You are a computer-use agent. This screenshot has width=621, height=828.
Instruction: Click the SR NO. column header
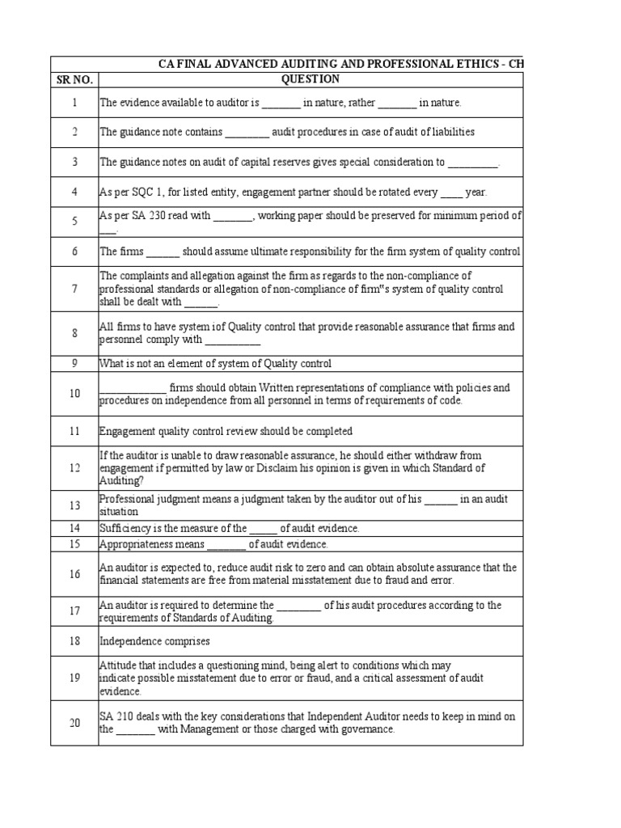[x=74, y=79]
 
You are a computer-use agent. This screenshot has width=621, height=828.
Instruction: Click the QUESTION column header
[x=310, y=79]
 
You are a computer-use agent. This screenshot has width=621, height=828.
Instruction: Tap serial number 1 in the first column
[x=74, y=103]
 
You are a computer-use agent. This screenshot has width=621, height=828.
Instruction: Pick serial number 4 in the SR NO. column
[x=74, y=192]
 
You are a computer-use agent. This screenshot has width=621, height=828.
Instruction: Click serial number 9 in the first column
[x=74, y=363]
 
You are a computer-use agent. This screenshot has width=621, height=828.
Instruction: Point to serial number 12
[x=74, y=468]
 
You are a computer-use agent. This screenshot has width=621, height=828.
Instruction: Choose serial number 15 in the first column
[x=74, y=544]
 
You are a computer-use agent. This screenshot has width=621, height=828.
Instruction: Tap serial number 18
[x=74, y=641]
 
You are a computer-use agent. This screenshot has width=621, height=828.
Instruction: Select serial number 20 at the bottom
[x=74, y=723]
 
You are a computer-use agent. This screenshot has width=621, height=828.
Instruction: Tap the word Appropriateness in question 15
[x=133, y=544]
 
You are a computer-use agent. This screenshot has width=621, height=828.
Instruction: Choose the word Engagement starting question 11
[x=125, y=431]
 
